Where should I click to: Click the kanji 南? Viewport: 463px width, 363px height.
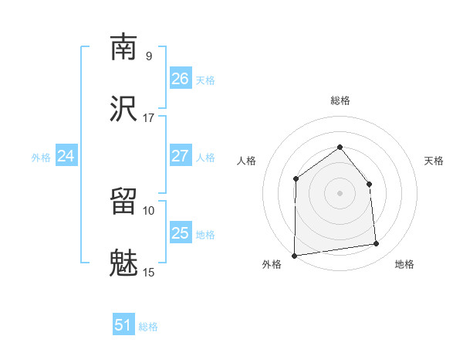[123, 47]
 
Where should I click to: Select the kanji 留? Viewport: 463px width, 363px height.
[123, 202]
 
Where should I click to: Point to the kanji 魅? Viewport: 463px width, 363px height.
[123, 263]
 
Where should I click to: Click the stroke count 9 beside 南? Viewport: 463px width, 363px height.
[148, 56]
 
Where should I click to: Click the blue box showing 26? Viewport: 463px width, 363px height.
[180, 79]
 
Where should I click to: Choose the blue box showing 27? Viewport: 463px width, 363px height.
[180, 156]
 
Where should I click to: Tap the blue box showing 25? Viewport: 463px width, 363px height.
[180, 233]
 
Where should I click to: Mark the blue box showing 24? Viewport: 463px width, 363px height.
[66, 156]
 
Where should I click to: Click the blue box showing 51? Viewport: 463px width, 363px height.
[123, 325]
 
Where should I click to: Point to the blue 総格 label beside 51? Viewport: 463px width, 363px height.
[148, 327]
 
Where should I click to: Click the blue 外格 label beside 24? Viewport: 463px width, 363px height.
[41, 158]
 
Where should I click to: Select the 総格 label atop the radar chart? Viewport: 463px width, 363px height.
[340, 100]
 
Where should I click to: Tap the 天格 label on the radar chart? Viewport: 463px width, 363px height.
[434, 161]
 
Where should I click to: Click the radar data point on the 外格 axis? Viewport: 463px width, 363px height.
[294, 256]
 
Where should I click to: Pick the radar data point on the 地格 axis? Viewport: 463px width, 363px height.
[377, 244]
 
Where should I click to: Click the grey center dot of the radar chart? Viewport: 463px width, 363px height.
[340, 193]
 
